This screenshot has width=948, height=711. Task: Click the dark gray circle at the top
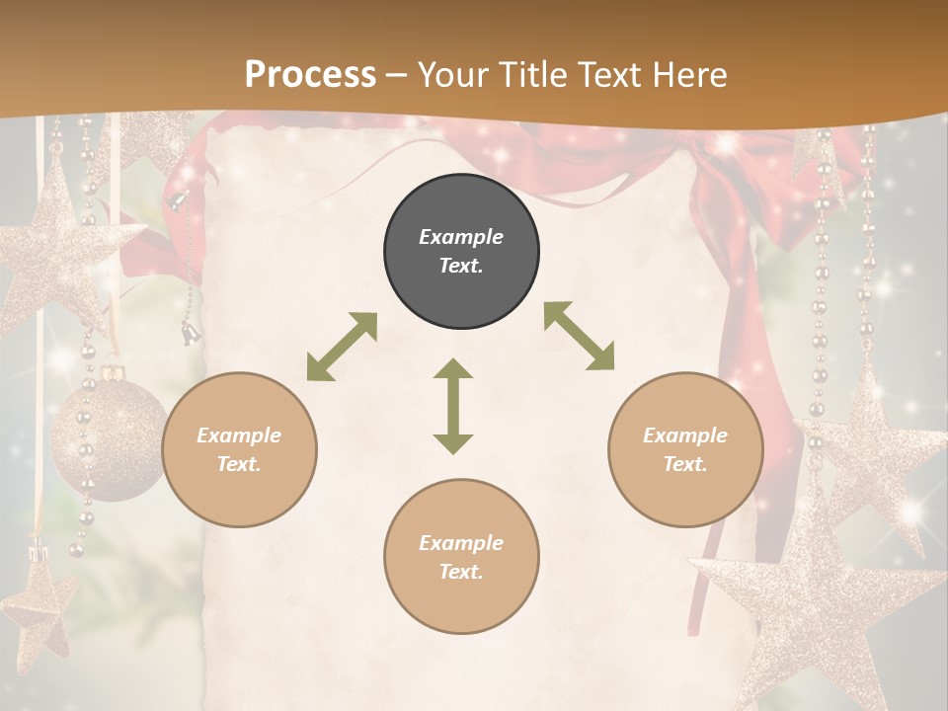tap(461, 252)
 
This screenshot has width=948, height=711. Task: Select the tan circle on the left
tap(239, 449)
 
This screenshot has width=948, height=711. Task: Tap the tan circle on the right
tap(684, 449)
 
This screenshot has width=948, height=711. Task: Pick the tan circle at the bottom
tap(461, 556)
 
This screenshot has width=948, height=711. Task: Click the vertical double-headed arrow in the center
tap(453, 406)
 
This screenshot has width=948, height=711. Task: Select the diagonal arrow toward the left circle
tap(342, 347)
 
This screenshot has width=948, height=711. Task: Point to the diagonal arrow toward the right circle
tap(579, 336)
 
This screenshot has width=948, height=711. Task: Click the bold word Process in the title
tap(310, 74)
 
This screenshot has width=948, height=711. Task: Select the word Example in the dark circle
tap(461, 237)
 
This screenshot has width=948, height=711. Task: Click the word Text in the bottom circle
tap(460, 572)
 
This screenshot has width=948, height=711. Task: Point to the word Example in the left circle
tap(239, 435)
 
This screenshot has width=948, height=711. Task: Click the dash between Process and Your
tap(397, 75)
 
